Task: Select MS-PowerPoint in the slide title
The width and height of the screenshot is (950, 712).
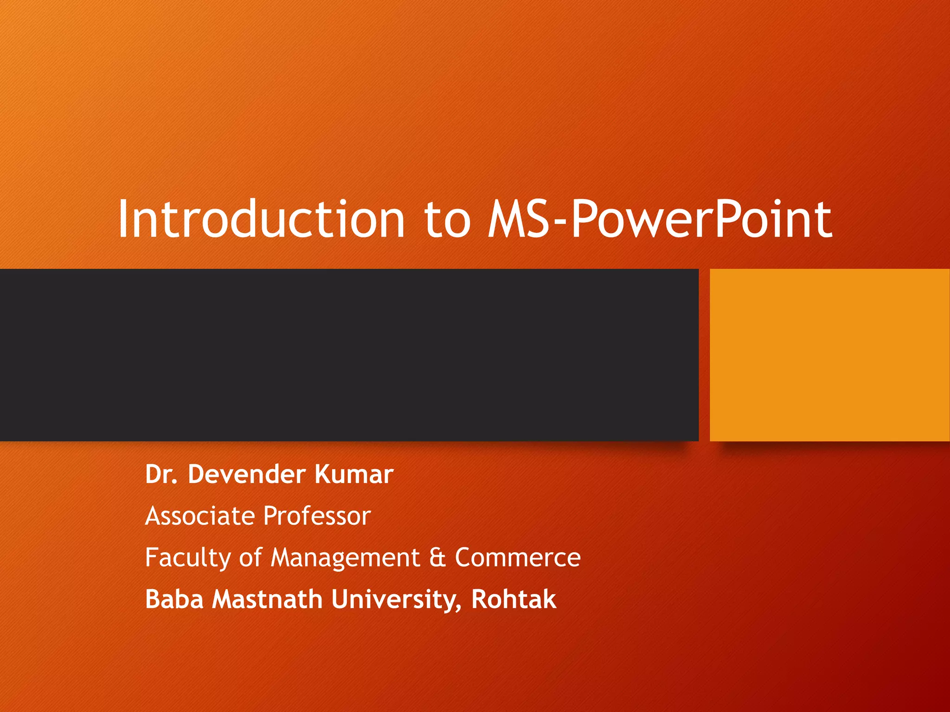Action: (x=659, y=218)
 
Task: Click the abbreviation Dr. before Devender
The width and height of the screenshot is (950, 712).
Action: (x=161, y=474)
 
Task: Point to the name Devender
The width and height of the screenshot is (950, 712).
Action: (x=247, y=474)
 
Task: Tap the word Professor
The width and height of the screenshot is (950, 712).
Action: (x=317, y=516)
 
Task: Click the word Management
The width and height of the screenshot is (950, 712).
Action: (x=345, y=558)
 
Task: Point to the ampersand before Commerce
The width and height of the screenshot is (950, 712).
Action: (x=437, y=558)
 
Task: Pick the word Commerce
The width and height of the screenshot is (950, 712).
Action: (x=518, y=558)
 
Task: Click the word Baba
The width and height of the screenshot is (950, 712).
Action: (x=174, y=599)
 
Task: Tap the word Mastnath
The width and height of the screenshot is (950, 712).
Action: (x=267, y=599)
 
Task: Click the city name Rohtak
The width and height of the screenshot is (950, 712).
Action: (x=514, y=599)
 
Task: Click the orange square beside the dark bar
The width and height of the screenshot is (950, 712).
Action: (x=830, y=355)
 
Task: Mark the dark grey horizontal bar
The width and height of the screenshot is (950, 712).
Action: (x=349, y=355)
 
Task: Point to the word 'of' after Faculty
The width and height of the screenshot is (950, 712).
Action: (x=250, y=557)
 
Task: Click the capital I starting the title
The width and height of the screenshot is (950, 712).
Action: (x=123, y=219)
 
